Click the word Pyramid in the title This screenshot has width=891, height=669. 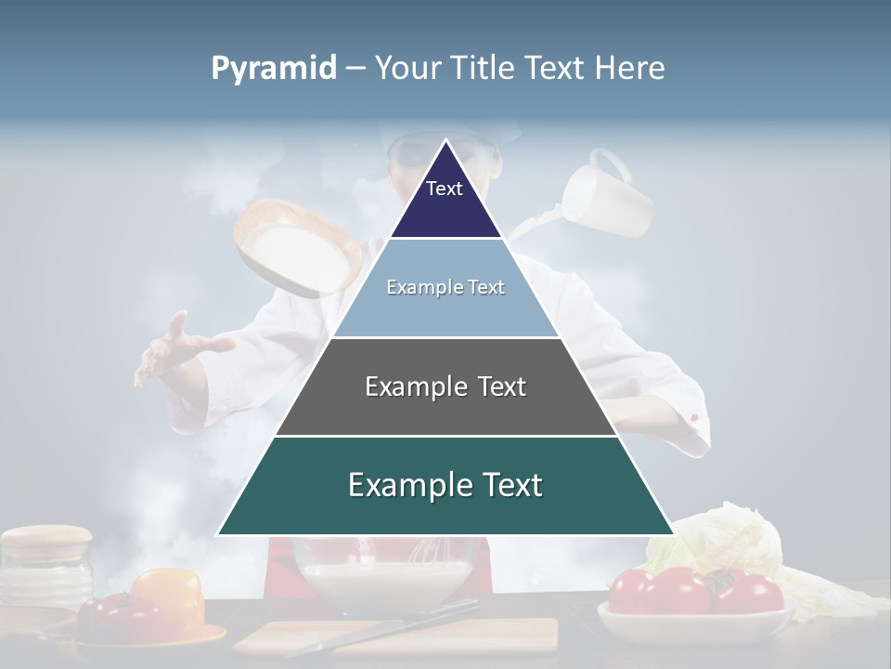(273, 69)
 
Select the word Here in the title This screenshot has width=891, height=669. (629, 69)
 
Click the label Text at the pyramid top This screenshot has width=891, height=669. (444, 189)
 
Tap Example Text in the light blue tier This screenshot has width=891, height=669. (445, 287)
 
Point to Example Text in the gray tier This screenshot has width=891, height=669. (445, 387)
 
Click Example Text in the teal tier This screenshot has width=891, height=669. (445, 485)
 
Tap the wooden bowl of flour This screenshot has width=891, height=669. (295, 246)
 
